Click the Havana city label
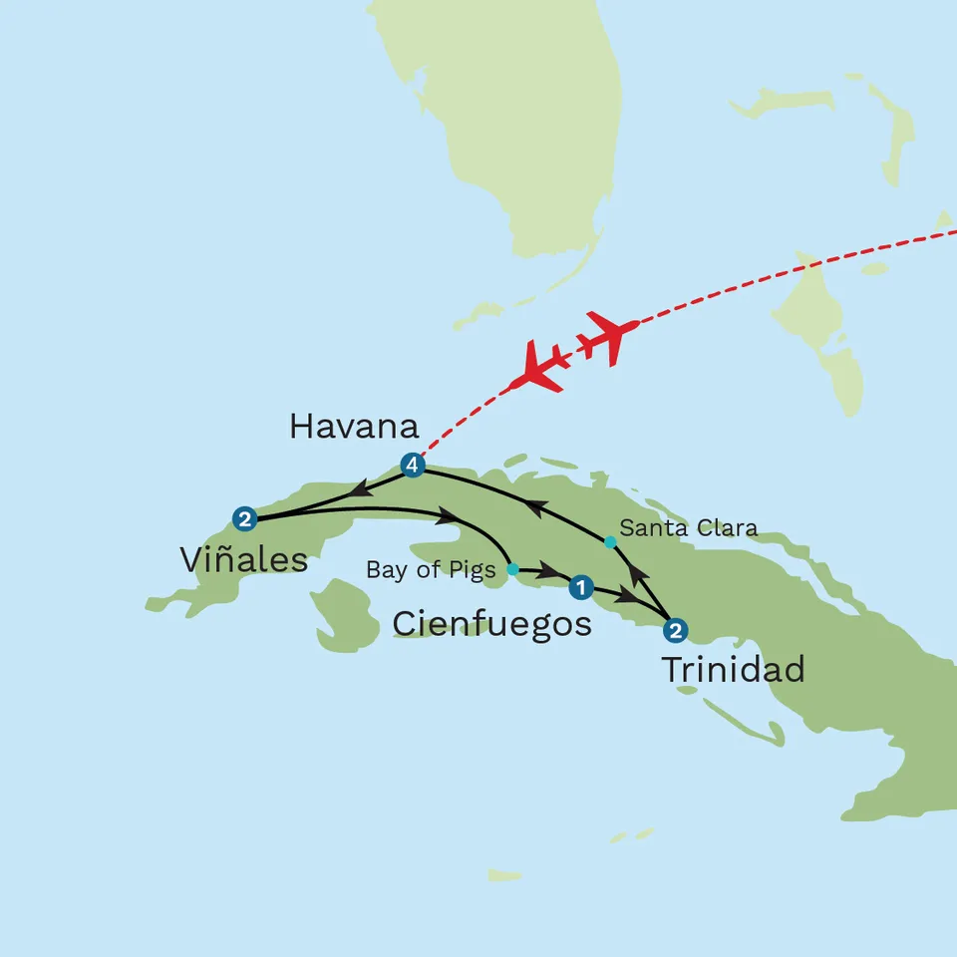[354, 427]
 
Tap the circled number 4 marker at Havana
[412, 464]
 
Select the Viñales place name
[244, 560]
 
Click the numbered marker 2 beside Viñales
[243, 517]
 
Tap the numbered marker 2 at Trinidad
[676, 630]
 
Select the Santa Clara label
[688, 528]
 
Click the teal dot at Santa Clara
[610, 541]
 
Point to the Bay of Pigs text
[431, 571]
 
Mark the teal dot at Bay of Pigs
[512, 570]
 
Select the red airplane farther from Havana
[607, 335]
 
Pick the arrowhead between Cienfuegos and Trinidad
[625, 597]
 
